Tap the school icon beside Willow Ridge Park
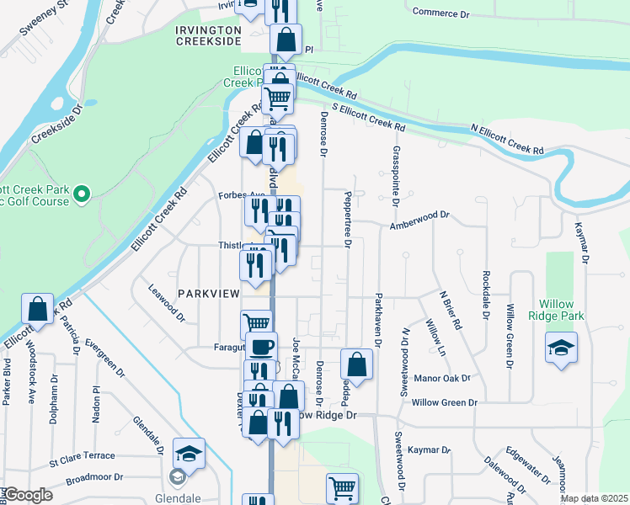(x=561, y=348)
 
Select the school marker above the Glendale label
(x=190, y=454)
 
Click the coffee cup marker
(x=261, y=347)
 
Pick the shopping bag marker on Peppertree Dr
(x=356, y=364)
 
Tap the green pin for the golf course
(x=82, y=195)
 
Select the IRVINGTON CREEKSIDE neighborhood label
(x=208, y=36)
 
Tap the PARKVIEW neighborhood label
(x=208, y=292)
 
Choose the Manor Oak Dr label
(x=442, y=380)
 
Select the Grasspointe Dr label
(x=394, y=175)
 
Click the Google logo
(x=28, y=495)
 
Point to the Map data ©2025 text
(x=593, y=498)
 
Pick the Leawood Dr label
(x=166, y=302)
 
